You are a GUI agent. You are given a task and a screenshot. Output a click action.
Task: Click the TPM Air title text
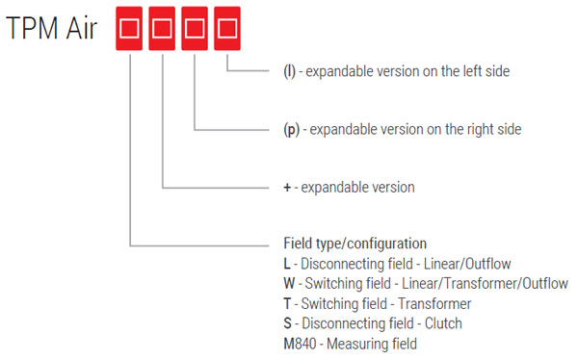pyautogui.click(x=53, y=29)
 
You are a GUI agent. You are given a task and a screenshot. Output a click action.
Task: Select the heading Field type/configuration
pyautogui.click(x=348, y=244)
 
